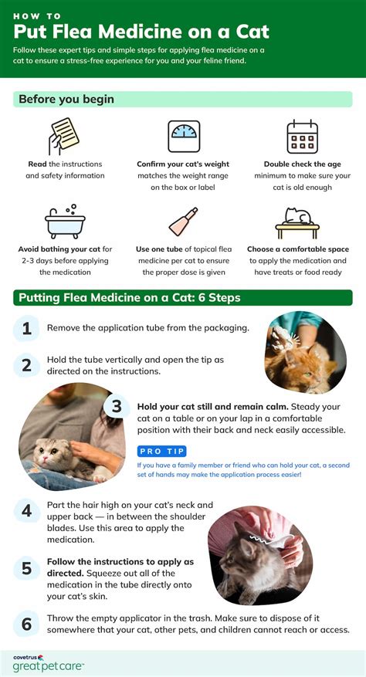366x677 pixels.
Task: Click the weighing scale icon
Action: click(x=184, y=137)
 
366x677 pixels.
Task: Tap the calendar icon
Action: click(x=302, y=137)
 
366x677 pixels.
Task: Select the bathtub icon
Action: click(x=65, y=222)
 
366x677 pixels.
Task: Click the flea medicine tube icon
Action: click(x=184, y=222)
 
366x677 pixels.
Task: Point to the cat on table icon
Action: click(x=297, y=222)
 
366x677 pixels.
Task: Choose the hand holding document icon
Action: click(x=65, y=137)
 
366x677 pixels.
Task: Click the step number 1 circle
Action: click(x=26, y=328)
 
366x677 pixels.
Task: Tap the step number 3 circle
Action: click(x=117, y=407)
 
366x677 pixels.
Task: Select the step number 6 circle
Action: click(x=26, y=623)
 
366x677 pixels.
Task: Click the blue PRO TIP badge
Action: click(x=162, y=451)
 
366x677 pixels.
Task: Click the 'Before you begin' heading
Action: click(x=66, y=100)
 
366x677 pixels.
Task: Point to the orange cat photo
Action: click(x=305, y=351)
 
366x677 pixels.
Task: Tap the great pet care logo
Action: click(x=48, y=663)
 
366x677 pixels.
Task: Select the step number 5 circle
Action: click(x=26, y=569)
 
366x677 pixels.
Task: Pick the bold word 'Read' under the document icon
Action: click(x=38, y=164)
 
